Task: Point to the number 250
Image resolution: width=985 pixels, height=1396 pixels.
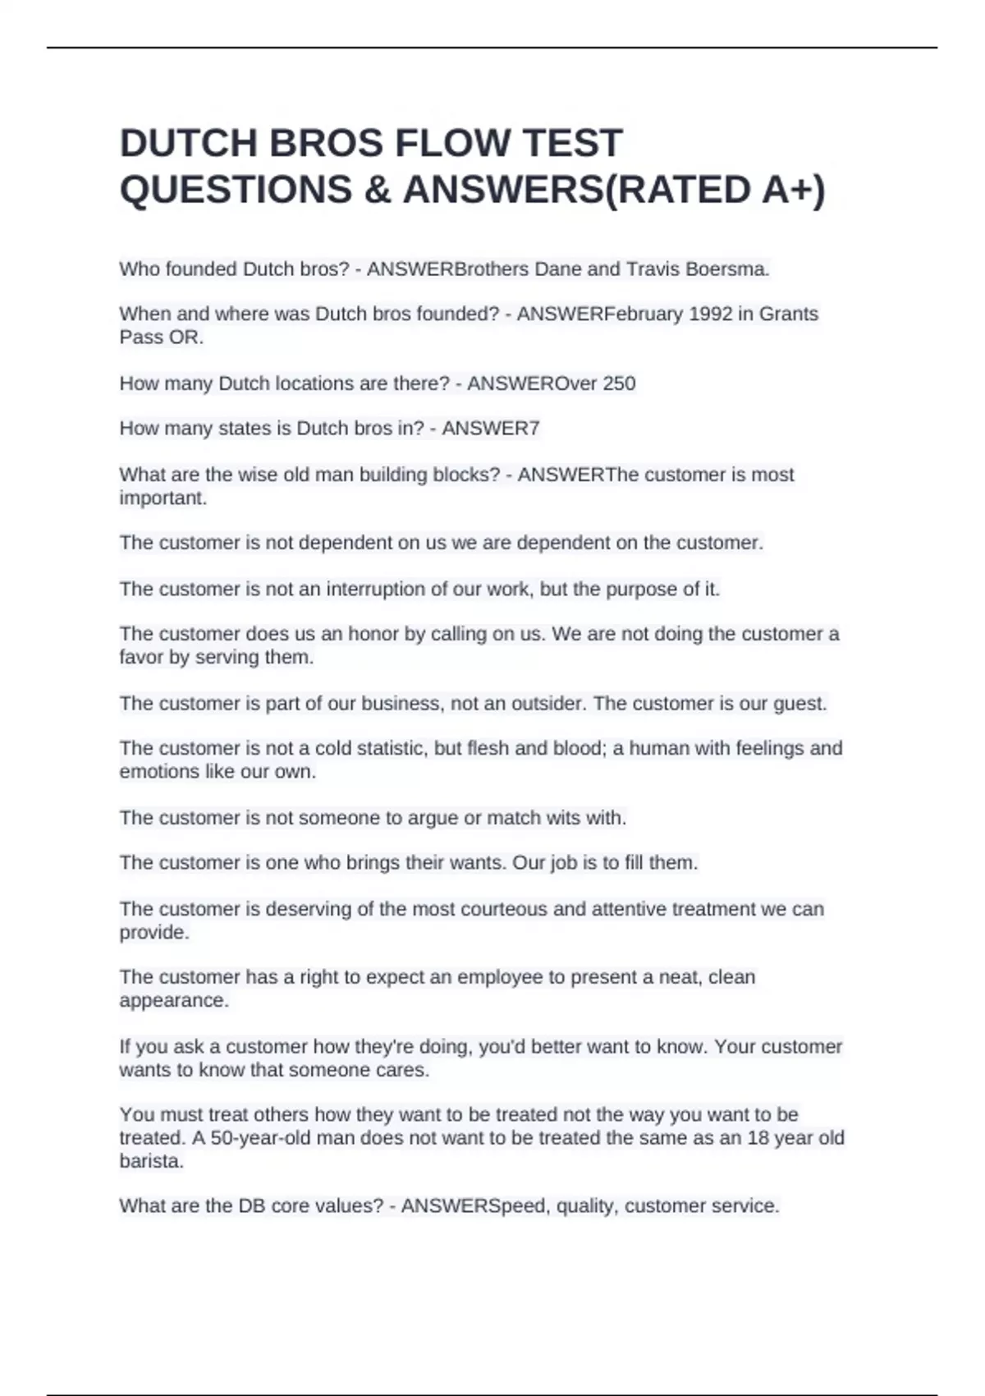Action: (619, 383)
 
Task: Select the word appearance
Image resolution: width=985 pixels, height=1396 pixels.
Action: (174, 1001)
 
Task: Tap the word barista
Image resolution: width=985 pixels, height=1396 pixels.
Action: (152, 1161)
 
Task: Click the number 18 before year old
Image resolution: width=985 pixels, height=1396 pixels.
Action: (758, 1138)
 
